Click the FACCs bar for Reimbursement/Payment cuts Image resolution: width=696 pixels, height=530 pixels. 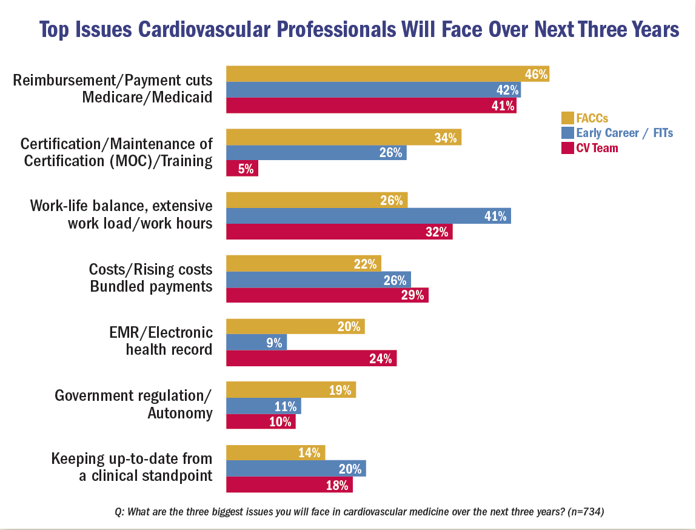pyautogui.click(x=387, y=74)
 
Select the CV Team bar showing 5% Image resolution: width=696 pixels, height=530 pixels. pyautogui.click(x=242, y=169)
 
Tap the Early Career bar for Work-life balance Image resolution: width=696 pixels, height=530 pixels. pyautogui.click(x=368, y=216)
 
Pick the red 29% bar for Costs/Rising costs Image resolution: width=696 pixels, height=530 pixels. pyautogui.click(x=327, y=295)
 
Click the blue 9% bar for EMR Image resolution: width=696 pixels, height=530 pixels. pyautogui.click(x=256, y=343)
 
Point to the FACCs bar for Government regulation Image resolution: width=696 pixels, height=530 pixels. pyautogui.click(x=291, y=390)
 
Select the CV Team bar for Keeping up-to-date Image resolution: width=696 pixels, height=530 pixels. pyautogui.click(x=289, y=485)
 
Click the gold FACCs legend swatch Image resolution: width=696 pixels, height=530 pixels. pyautogui.click(x=567, y=118)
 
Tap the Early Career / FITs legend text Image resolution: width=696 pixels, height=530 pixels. pyautogui.click(x=624, y=133)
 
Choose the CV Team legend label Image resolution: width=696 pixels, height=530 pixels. pyautogui.click(x=597, y=147)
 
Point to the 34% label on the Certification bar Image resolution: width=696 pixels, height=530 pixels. pyautogui.click(x=446, y=138)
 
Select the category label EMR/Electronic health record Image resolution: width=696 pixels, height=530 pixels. pyautogui.click(x=169, y=340)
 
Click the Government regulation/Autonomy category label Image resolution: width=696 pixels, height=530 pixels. pyautogui.click(x=133, y=404)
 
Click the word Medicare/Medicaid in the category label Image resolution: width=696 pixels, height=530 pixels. pyautogui.click(x=147, y=96)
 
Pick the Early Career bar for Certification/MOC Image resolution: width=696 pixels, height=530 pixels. pyautogui.click(x=316, y=153)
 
